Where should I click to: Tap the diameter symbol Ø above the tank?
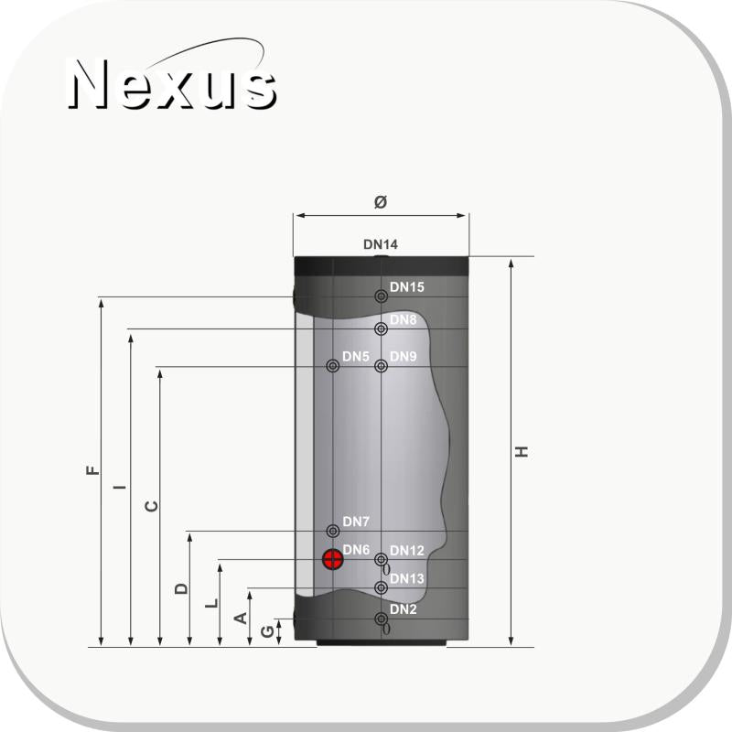click(x=381, y=201)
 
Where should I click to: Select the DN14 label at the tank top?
click(x=381, y=245)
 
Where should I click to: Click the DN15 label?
click(x=407, y=287)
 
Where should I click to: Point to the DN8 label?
click(x=404, y=319)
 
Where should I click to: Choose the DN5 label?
click(x=356, y=356)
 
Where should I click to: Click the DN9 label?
click(x=404, y=356)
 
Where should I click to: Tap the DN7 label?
click(x=356, y=522)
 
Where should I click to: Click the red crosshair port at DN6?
click(x=333, y=559)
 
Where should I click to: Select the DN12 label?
click(x=407, y=551)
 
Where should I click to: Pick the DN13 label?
click(x=407, y=579)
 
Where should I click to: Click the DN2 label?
click(x=404, y=609)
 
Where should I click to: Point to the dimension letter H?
click(x=522, y=452)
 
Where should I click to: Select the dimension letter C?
click(x=152, y=506)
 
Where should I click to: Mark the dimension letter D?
click(x=181, y=588)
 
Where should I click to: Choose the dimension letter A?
click(x=242, y=619)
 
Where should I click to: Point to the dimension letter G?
click(x=267, y=631)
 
